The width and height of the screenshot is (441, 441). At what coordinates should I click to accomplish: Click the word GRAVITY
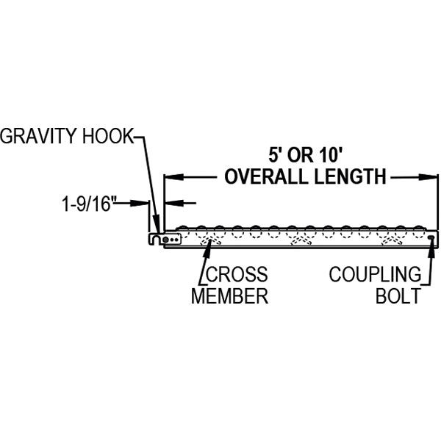[41, 137]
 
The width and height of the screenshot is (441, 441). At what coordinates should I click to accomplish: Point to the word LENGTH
[351, 177]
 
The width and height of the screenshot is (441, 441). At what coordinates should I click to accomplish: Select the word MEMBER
[229, 296]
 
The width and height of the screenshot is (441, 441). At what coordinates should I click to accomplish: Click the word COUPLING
[375, 275]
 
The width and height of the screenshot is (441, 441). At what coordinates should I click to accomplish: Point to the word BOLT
[398, 296]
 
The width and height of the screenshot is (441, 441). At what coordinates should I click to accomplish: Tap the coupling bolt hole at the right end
[431, 237]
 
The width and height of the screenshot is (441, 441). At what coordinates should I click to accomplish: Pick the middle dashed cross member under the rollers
[301, 239]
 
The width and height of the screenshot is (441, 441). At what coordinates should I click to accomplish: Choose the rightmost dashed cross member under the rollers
[390, 239]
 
